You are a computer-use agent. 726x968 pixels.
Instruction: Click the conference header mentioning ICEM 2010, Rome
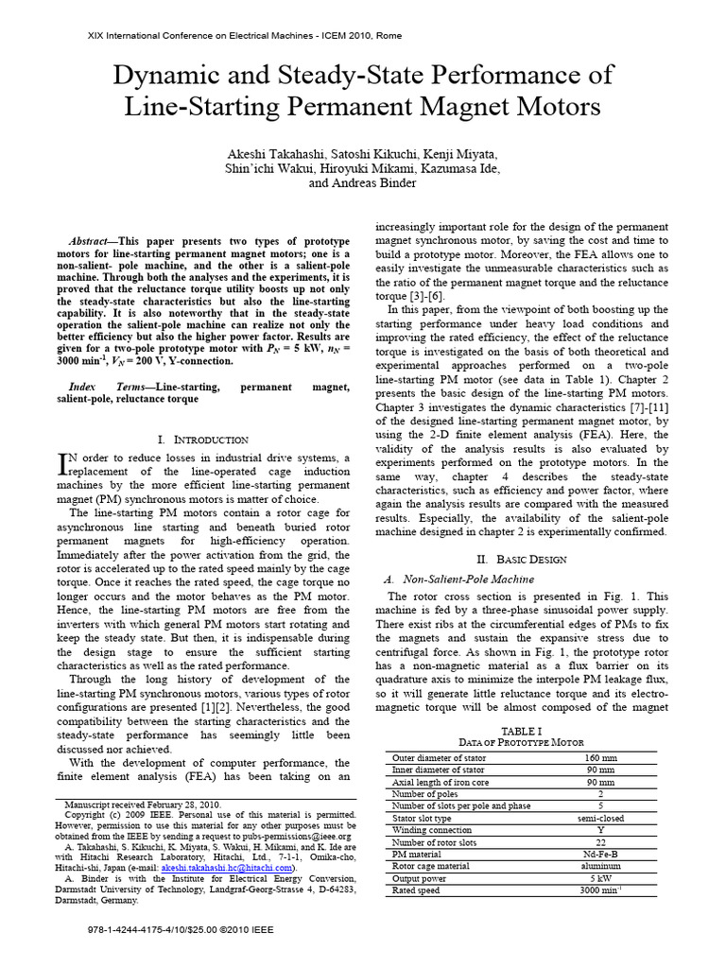pos(244,35)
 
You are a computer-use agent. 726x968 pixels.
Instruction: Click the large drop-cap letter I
pos(64,463)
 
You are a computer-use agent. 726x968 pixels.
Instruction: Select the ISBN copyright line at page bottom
pos(180,929)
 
